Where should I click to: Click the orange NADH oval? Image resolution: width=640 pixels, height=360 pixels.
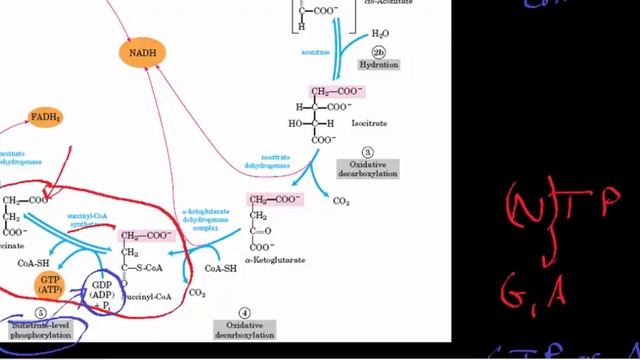point(144,53)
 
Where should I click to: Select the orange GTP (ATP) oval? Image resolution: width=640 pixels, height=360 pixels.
point(50,283)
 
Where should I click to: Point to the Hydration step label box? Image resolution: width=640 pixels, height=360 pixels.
point(378,65)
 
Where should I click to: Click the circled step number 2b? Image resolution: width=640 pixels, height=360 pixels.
point(378,52)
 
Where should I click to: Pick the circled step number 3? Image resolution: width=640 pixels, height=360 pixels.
point(368,151)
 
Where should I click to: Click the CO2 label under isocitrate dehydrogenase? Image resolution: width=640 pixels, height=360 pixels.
point(341,201)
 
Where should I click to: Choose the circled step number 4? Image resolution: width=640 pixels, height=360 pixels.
point(243,313)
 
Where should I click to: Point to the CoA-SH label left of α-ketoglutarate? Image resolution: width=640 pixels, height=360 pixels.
point(220,268)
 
